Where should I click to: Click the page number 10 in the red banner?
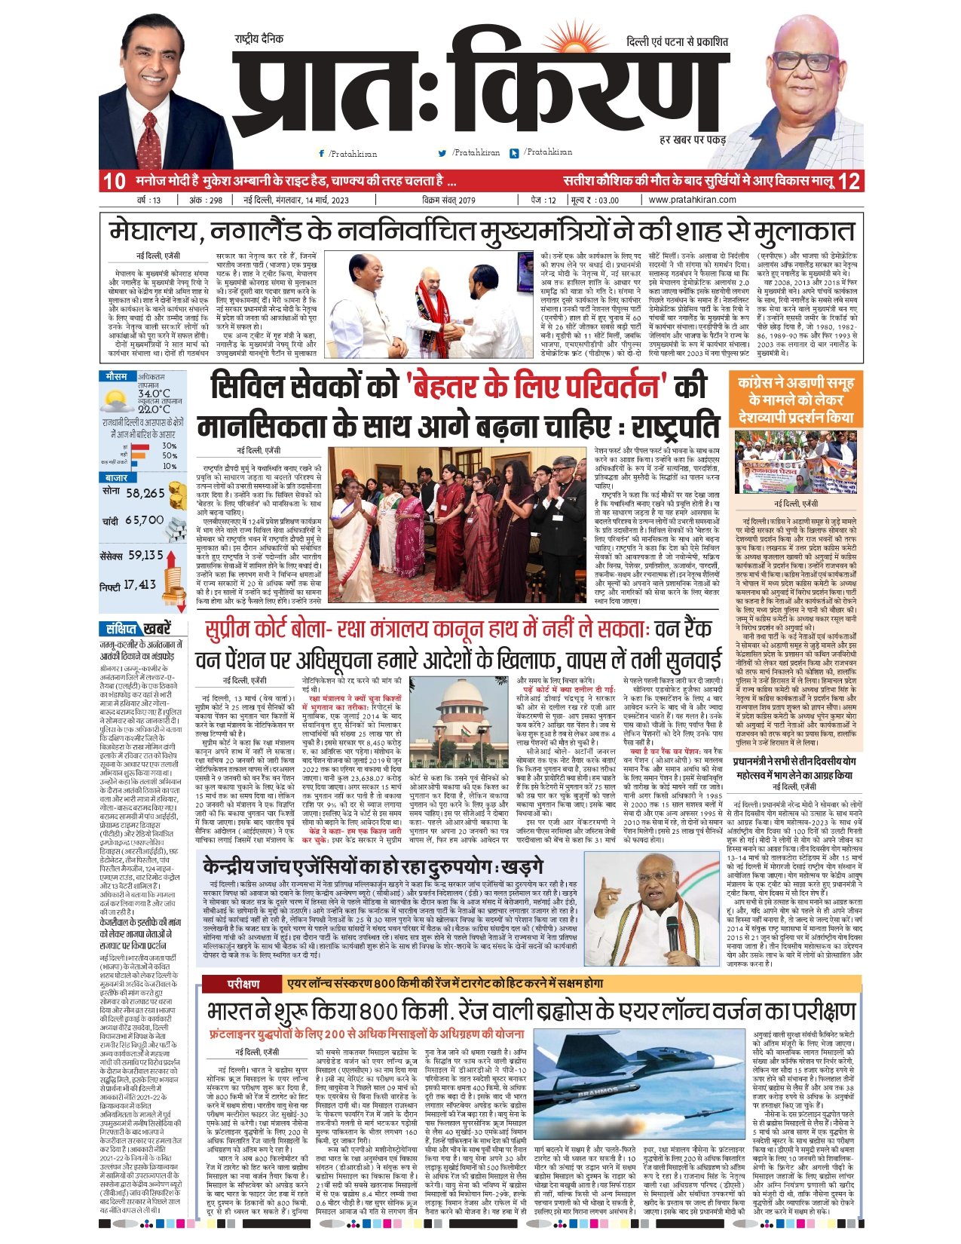(114, 181)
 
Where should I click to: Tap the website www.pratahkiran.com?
(692, 200)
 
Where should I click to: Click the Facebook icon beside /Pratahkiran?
(322, 153)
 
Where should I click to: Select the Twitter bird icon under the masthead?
(442, 153)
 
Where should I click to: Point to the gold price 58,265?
(145, 493)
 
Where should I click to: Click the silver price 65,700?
(145, 520)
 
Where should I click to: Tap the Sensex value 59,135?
(145, 555)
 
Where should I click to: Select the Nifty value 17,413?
(139, 584)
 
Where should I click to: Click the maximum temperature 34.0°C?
(154, 394)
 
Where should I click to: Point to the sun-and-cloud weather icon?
(116, 399)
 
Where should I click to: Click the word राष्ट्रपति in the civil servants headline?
(670, 427)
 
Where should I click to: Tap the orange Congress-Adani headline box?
(797, 400)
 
